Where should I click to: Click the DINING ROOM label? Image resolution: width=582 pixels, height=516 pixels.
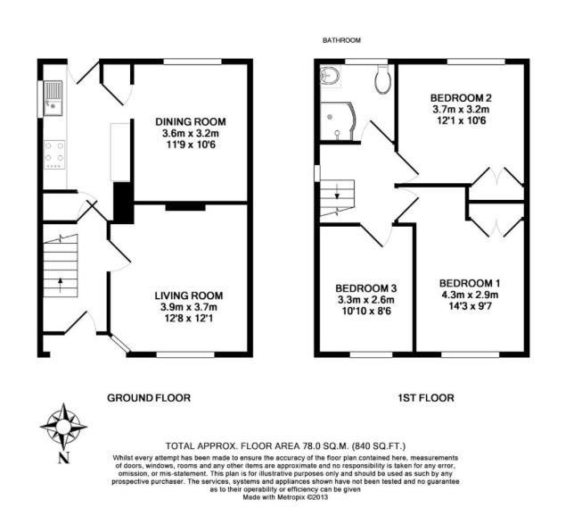(x=189, y=122)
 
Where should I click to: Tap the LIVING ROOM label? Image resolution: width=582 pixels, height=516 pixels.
(x=188, y=295)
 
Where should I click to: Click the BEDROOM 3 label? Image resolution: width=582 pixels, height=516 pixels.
(x=365, y=288)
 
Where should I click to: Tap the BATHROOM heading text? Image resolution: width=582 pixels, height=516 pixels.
(x=342, y=40)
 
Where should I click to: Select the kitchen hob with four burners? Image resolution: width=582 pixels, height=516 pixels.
(x=53, y=154)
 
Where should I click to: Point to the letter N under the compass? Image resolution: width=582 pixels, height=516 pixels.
(x=63, y=459)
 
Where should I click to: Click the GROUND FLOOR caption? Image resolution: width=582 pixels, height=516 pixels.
(x=148, y=397)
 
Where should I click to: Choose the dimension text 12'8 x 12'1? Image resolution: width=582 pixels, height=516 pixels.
(x=188, y=320)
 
